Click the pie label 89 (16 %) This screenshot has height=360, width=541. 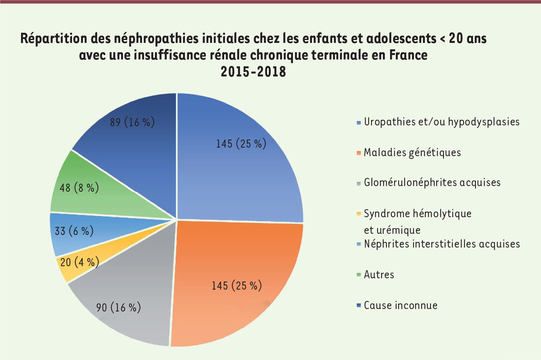[133, 122]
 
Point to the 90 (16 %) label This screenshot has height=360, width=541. [119, 308]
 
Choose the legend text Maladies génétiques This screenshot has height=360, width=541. [412, 153]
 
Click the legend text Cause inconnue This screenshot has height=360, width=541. [400, 305]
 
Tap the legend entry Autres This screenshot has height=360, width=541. [379, 274]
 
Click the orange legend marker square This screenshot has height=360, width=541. [358, 153]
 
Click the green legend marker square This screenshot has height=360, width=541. [358, 275]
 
